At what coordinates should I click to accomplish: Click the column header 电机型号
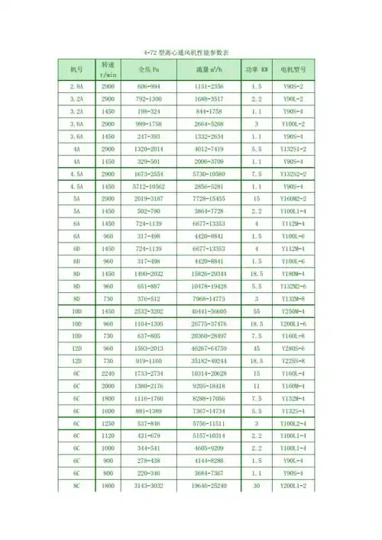(293, 69)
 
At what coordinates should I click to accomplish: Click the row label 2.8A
(76, 87)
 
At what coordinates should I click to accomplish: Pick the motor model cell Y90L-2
(293, 99)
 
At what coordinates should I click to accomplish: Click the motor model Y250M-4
(293, 312)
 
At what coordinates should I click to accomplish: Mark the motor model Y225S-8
(293, 362)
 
